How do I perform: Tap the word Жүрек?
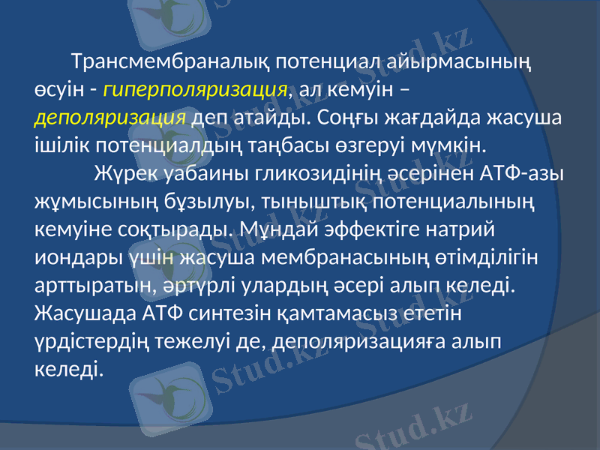point(124,174)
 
